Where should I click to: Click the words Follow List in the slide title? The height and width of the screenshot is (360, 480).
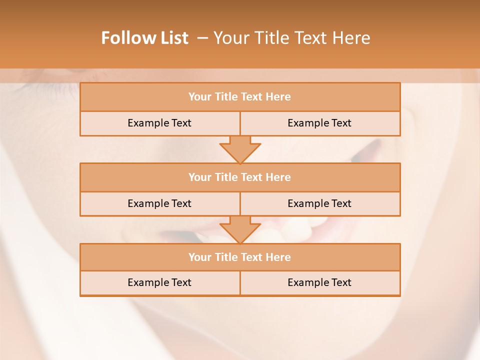coord(144,38)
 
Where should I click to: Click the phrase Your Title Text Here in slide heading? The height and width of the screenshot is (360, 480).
coord(291,38)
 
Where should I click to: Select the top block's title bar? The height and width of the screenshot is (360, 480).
coord(240,97)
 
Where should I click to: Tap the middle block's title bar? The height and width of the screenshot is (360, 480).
coord(240,177)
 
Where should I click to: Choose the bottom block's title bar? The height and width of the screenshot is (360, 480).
coord(240,257)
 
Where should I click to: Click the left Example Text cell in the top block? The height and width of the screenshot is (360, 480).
coord(159,123)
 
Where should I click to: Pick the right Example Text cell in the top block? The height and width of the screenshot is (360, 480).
coord(319,123)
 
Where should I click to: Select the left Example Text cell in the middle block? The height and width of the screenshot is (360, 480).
coord(159,203)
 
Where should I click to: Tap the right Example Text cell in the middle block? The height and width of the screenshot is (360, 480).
coord(319,203)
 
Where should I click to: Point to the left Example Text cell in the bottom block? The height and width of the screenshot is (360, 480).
coord(159,282)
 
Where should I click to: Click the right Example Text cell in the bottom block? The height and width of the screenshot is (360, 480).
coord(319,282)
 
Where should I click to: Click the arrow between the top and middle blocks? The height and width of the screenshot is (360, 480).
coord(240,149)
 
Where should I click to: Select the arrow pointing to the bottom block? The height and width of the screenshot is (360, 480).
coord(240,229)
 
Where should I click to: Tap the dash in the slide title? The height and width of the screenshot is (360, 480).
coord(202,38)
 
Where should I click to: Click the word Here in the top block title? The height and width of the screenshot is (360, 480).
coord(278,97)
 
